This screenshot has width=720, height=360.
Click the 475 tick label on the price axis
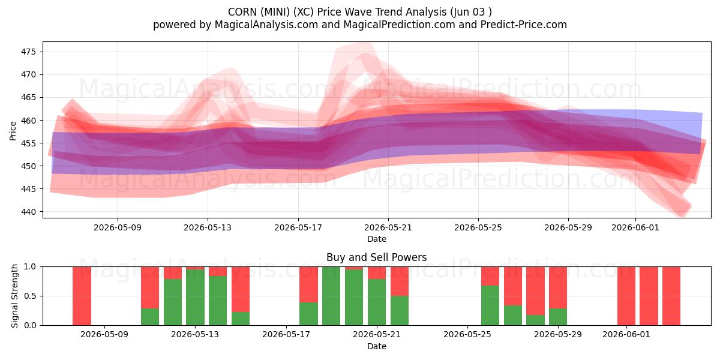[28, 52]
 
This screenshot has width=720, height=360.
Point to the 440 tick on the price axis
[28, 212]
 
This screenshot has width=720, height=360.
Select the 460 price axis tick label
[28, 121]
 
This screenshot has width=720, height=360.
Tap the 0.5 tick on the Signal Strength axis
[30, 296]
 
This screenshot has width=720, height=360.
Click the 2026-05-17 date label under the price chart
[298, 227]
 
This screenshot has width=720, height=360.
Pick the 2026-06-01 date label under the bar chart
[626, 334]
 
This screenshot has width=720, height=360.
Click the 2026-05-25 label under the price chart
[478, 227]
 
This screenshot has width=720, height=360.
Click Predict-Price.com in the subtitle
[524, 25]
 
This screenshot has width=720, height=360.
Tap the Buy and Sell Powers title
[376, 257]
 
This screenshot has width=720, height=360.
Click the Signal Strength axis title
[14, 296]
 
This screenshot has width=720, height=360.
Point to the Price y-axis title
[13, 131]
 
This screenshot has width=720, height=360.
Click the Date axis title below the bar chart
[377, 346]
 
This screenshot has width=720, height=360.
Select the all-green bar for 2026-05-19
[331, 296]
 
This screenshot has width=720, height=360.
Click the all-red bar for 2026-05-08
[82, 296]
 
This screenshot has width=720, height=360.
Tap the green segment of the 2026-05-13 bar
[195, 298]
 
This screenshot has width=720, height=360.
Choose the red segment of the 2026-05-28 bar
[535, 291]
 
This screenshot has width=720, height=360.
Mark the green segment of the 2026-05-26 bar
[490, 305]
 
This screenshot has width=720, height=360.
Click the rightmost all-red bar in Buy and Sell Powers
[671, 296]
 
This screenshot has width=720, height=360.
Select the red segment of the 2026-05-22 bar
[400, 281]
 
